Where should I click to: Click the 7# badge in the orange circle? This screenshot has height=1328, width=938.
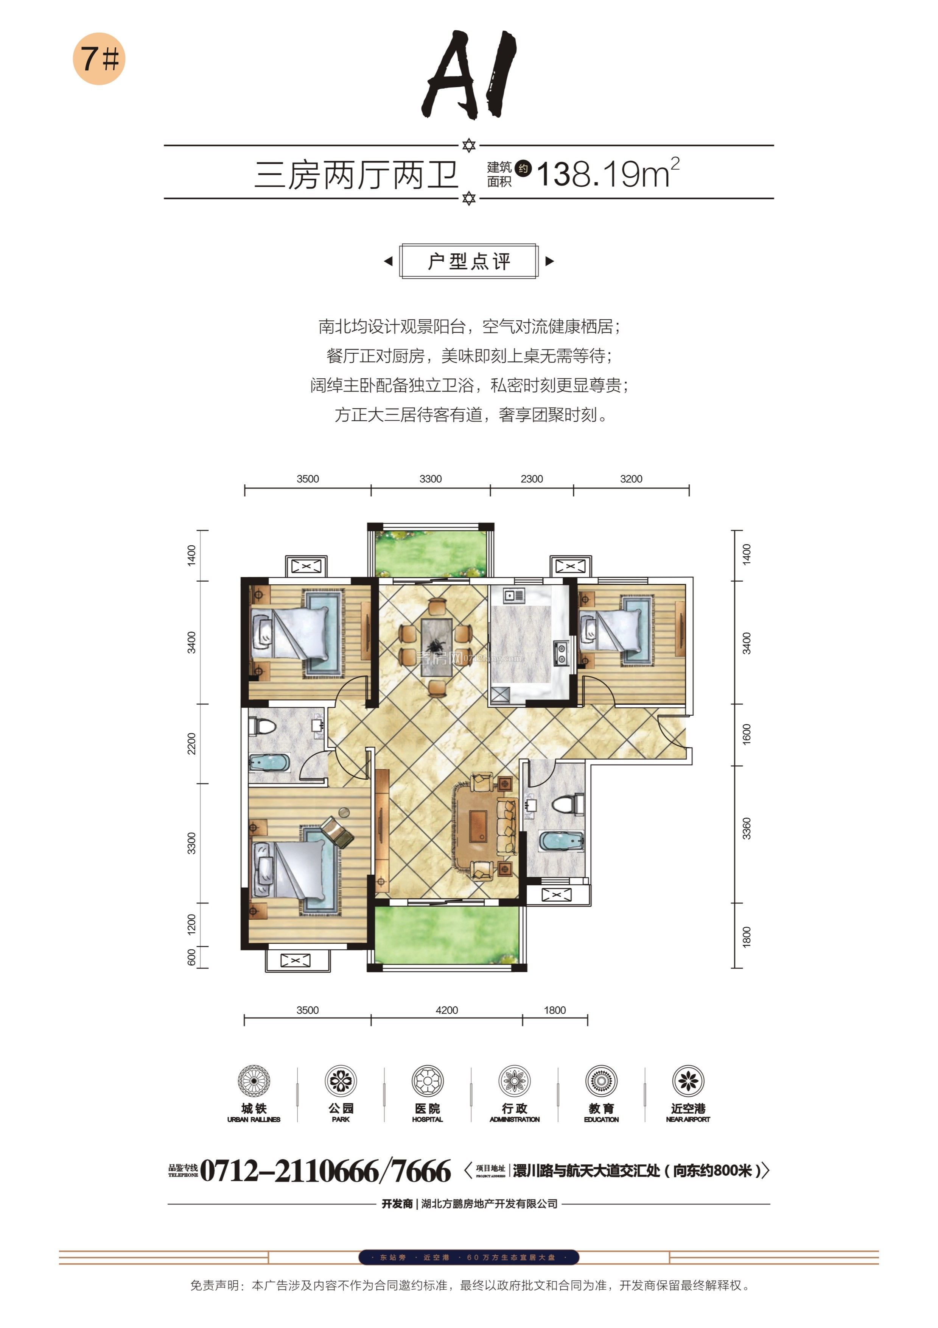pyautogui.click(x=99, y=58)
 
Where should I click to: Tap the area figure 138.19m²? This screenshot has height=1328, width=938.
pyautogui.click(x=607, y=173)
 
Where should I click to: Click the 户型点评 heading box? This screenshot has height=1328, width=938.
pyautogui.click(x=469, y=261)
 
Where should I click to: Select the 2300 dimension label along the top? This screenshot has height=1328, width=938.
pyautogui.click(x=531, y=479)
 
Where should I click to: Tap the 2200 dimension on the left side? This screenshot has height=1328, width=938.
pyautogui.click(x=191, y=743)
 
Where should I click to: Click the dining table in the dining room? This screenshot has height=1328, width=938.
pyautogui.click(x=437, y=647)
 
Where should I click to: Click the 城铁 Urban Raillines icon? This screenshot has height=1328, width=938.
pyautogui.click(x=254, y=1080)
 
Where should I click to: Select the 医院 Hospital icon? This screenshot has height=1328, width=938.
pyautogui.click(x=427, y=1080)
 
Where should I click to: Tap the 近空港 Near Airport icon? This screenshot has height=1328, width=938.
pyautogui.click(x=688, y=1080)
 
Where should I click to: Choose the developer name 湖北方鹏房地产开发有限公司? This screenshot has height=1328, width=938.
pyautogui.click(x=489, y=1204)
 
